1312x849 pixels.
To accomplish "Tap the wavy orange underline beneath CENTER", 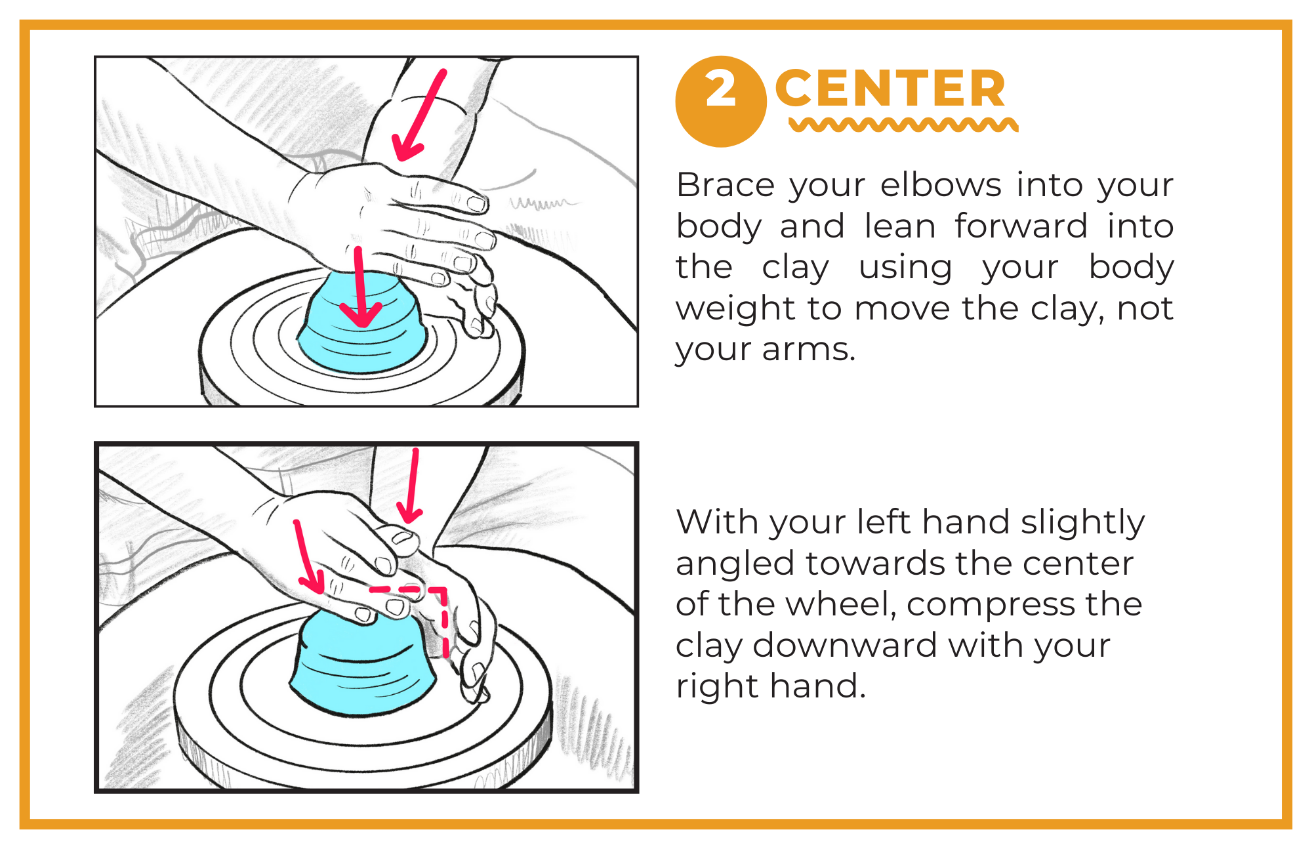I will pyautogui.click(x=903, y=125).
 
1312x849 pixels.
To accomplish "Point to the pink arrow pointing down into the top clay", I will pyautogui.click(x=359, y=289).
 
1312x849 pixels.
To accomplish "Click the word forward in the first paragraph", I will pyautogui.click(x=1021, y=226).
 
